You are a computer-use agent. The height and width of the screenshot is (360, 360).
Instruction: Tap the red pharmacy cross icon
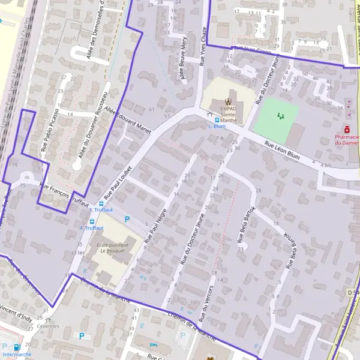[346, 129]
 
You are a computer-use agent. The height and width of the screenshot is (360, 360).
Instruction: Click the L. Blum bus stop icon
[209, 119]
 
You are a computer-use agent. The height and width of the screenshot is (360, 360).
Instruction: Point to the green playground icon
[280, 115]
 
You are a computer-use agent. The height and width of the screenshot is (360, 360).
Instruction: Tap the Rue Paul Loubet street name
[119, 179]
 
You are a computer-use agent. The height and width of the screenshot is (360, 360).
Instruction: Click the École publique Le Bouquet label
[112, 247]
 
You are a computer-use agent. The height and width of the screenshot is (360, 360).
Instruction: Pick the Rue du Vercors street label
[205, 302]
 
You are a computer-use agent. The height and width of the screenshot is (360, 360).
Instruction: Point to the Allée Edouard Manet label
[128, 119]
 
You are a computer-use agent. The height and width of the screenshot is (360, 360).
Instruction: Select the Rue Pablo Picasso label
[49, 129]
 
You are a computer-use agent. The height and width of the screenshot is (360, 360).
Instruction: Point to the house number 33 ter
[77, 252]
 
